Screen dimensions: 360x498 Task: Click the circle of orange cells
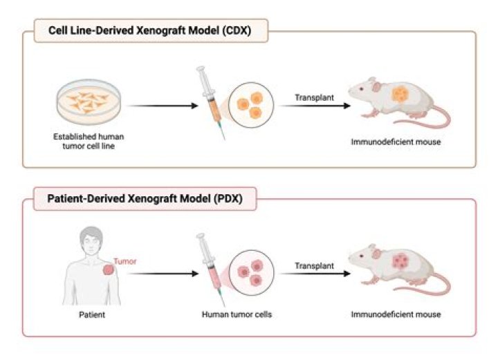(x=250, y=106)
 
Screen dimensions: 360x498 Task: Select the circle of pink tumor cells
(x=250, y=272)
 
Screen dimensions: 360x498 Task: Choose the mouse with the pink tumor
(x=394, y=267)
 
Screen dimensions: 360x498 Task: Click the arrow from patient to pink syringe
(x=160, y=274)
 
